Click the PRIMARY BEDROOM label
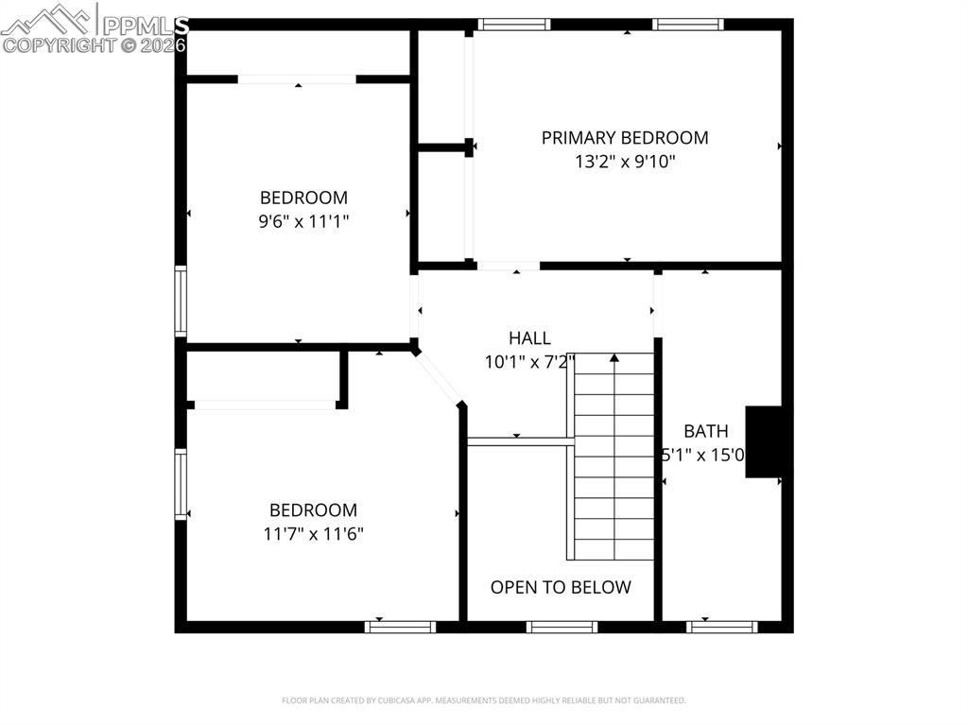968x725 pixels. [624, 138]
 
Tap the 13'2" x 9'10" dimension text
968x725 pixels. [624, 162]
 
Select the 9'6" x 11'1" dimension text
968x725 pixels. [303, 221]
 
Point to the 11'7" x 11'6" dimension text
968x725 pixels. [313, 533]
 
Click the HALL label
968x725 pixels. [529, 338]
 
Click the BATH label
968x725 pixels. [706, 432]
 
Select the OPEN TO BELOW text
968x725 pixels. [561, 587]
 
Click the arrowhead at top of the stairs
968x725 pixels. [614, 358]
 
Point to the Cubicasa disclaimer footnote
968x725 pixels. [484, 700]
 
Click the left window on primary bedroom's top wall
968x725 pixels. [513, 25]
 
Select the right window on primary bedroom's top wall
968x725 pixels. [688, 25]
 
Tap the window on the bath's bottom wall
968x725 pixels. [722, 626]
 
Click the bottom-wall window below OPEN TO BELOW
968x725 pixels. [562, 626]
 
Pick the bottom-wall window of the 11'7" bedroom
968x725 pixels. [401, 626]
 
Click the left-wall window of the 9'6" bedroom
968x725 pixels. [181, 302]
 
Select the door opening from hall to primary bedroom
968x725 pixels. [508, 267]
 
